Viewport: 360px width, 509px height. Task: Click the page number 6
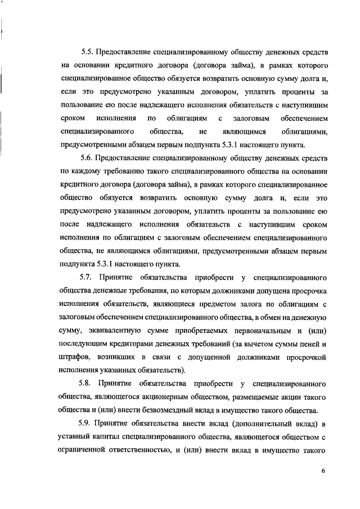(x=324, y=471)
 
